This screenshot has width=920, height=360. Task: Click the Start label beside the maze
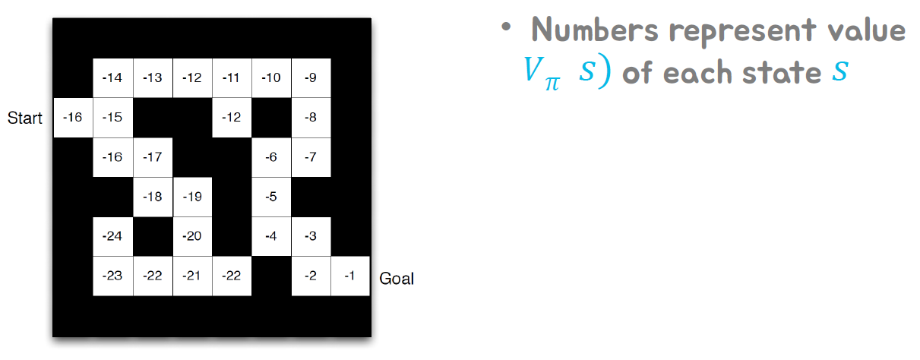[24, 118]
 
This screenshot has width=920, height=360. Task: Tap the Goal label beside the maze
[397, 278]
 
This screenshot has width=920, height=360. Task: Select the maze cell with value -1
[350, 276]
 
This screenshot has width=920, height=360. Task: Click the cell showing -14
[112, 78]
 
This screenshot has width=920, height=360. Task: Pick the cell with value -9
[311, 78]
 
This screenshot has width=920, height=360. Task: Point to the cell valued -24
[112, 236]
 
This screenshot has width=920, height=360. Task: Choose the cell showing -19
[192, 197]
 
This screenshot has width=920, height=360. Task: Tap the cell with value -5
[271, 197]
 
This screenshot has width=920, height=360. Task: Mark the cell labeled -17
[153, 157]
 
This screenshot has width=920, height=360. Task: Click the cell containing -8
[311, 118]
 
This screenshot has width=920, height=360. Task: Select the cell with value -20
[192, 236]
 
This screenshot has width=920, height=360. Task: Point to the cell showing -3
[311, 236]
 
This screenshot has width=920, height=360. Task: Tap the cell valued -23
[112, 276]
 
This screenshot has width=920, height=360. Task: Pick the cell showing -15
[112, 118]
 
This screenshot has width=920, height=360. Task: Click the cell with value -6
[271, 157]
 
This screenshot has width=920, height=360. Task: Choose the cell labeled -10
[271, 78]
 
